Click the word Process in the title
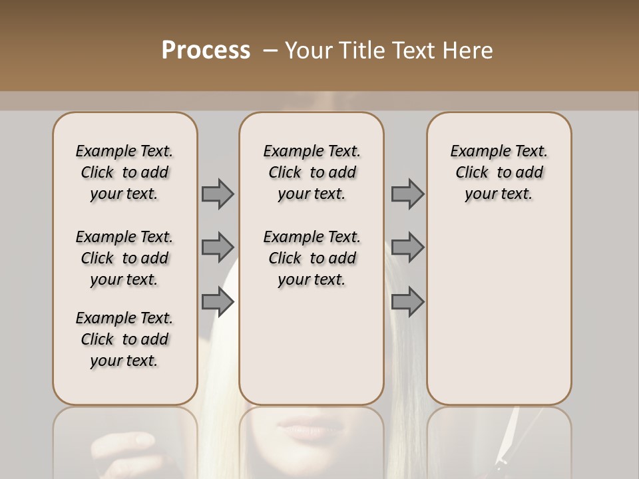click(x=206, y=51)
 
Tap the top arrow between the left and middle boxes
click(x=218, y=194)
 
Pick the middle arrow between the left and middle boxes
click(x=218, y=247)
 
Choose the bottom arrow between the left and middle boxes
click(x=218, y=302)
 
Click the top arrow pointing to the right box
click(x=407, y=194)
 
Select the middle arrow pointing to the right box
click(x=407, y=247)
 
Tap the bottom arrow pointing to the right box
click(x=407, y=302)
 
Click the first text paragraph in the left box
click(x=124, y=172)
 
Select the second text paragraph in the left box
click(x=124, y=258)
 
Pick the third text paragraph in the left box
click(x=124, y=339)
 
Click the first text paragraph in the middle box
click(x=312, y=172)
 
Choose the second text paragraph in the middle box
click(x=312, y=258)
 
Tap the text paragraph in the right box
click(x=499, y=172)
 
